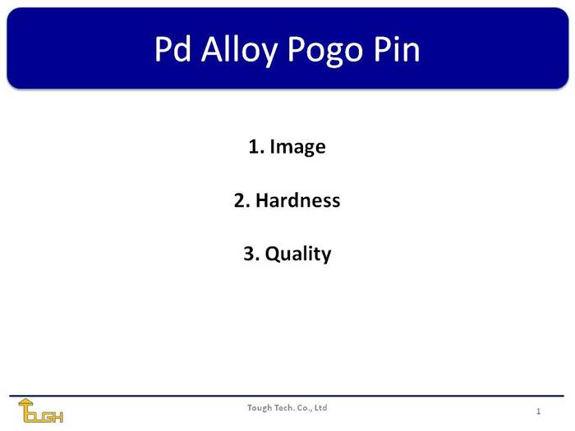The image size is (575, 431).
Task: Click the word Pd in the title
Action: coord(172,49)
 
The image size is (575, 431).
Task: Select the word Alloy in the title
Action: coord(239,51)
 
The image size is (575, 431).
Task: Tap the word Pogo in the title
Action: coord(325,52)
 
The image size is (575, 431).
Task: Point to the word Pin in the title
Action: coord(397,49)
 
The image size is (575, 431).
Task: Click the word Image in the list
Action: coord(297,147)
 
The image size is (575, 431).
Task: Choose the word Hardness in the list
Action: coord(297,200)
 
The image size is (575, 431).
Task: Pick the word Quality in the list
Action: coord(297,254)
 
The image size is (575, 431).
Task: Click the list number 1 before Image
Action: coord(256,147)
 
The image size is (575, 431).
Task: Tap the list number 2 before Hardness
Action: coord(241,200)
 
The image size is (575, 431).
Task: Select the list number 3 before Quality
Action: coord(251,254)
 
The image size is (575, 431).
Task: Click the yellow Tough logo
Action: coord(41,410)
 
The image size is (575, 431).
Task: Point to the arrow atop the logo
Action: coord(25,403)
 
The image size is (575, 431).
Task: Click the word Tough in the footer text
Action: coord(259,408)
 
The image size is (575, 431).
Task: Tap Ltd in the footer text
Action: coord(321,407)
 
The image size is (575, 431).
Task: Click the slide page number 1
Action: coord(538,411)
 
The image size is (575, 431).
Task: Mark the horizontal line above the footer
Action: coord(287,396)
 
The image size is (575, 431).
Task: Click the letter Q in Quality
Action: coord(273,254)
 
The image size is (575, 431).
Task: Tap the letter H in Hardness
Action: coord(263,200)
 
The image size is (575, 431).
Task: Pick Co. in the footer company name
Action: coord(304,408)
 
